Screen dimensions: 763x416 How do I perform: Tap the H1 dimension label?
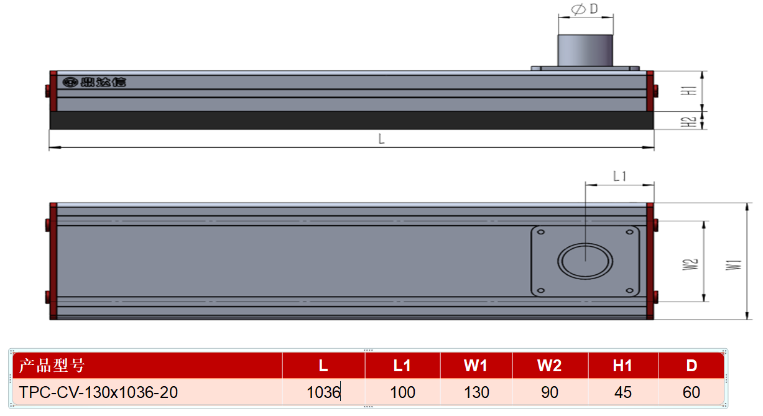pyautogui.click(x=689, y=91)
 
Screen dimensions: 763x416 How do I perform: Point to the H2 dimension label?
pyautogui.click(x=689, y=122)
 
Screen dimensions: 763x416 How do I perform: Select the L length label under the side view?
pyautogui.click(x=382, y=139)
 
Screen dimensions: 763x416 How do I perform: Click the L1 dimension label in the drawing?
pyautogui.click(x=619, y=176)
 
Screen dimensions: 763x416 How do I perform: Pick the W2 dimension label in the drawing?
pyautogui.click(x=690, y=264)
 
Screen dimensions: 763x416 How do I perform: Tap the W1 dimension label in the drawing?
pyautogui.click(x=733, y=265)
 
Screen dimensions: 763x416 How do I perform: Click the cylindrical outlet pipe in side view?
pyautogui.click(x=585, y=50)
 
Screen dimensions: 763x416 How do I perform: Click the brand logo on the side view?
pyautogui.click(x=95, y=82)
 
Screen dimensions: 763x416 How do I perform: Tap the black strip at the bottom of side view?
pyautogui.click(x=351, y=120)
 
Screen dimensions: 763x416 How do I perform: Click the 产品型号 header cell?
pyautogui.click(x=52, y=366)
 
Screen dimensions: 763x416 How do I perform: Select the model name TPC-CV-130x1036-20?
pyautogui.click(x=98, y=392)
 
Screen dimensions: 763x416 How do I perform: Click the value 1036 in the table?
pyautogui.click(x=323, y=392)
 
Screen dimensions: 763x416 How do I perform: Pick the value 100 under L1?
pyautogui.click(x=402, y=392)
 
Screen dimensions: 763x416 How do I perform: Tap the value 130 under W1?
pyautogui.click(x=476, y=392)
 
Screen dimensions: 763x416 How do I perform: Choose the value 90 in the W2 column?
pyautogui.click(x=550, y=392)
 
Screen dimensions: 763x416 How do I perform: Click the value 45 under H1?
pyautogui.click(x=623, y=392)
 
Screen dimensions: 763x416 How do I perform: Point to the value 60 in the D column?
pyautogui.click(x=691, y=392)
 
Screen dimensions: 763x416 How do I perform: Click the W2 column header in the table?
pyautogui.click(x=549, y=366)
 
